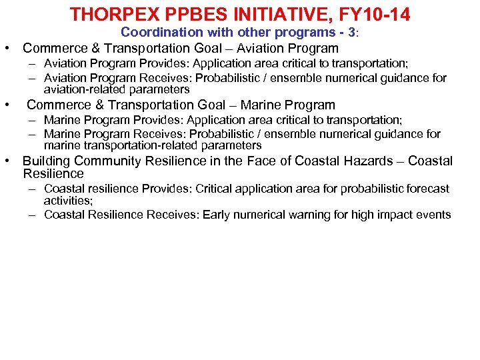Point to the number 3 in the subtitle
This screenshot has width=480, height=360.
coord(351,32)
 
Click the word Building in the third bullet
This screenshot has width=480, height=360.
coord(47,161)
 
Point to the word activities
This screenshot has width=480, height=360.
coord(67,201)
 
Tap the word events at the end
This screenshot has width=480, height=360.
coord(434,215)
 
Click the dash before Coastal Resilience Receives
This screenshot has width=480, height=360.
coord(31,215)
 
